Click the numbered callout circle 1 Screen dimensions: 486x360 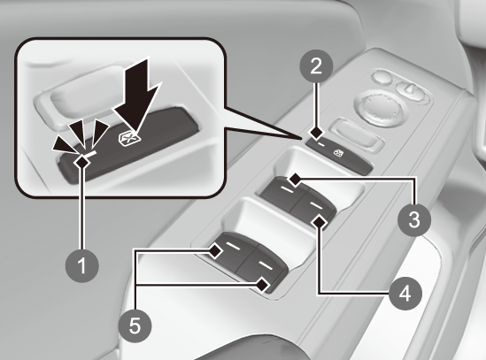coord(82,265)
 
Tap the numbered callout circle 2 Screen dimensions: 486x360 coord(316,65)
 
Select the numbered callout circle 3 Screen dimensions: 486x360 coord(414,220)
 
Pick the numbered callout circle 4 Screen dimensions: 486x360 coord(405,293)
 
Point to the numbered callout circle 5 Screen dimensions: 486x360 coord(135,326)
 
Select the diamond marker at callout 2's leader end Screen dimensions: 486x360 coord(316,134)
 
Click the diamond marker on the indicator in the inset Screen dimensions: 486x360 coord(82,161)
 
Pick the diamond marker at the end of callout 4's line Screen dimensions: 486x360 coord(320,223)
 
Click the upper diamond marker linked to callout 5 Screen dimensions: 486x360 coord(215,250)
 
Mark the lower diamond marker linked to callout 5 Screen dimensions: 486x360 coord(262,285)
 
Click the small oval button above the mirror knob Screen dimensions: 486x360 coord(382,77)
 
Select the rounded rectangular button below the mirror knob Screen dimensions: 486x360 coord(357,135)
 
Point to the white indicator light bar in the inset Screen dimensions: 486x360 coord(90,154)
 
